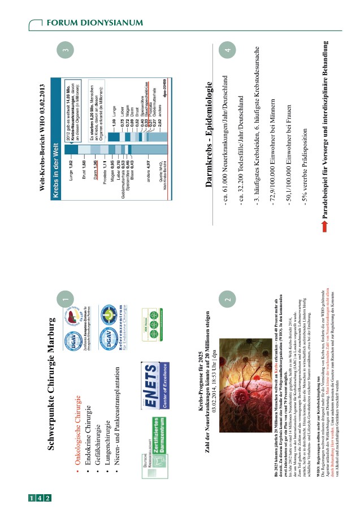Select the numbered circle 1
coord(66,300)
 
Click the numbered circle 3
coord(66,51)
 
